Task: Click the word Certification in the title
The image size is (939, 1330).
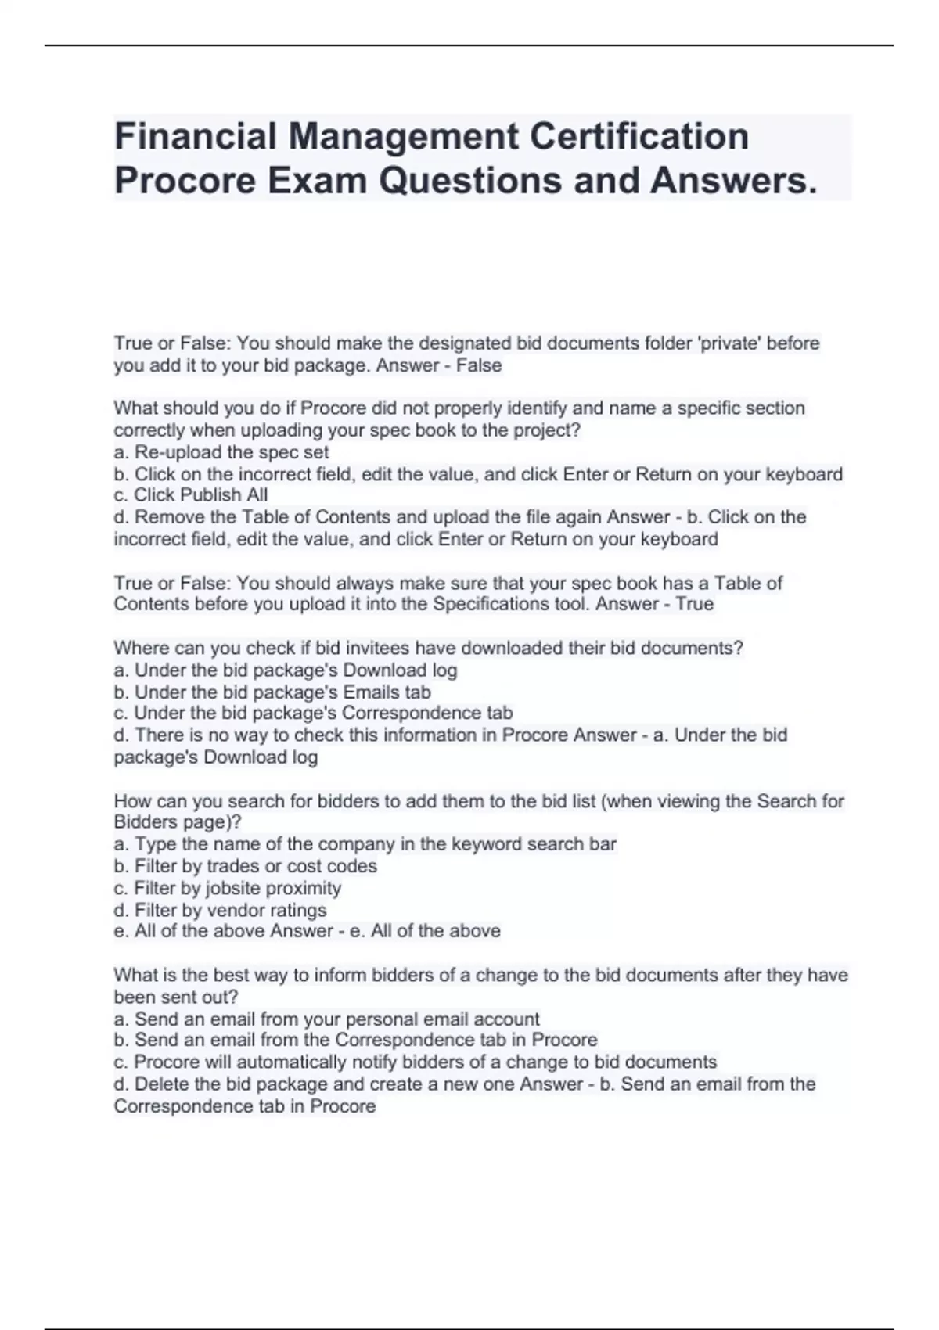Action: coord(639,137)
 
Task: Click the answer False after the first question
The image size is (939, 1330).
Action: coord(479,365)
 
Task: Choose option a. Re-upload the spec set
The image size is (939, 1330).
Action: coord(221,452)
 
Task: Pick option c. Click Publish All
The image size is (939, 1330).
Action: coord(191,495)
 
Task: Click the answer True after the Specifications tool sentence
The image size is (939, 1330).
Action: coord(695,604)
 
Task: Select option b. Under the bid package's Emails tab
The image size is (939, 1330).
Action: coord(272,692)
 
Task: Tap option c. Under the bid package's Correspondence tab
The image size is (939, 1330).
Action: coord(313,714)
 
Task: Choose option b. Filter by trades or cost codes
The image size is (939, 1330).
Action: coord(245,866)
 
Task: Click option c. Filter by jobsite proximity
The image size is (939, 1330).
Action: coord(228,889)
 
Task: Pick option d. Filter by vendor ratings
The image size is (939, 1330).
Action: coord(220,911)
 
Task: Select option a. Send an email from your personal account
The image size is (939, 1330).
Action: coord(327,1019)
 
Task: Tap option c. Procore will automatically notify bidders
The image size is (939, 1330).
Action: coord(415,1062)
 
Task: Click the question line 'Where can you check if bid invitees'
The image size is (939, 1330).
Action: coord(428,649)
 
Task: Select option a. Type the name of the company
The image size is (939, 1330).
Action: coord(365,844)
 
